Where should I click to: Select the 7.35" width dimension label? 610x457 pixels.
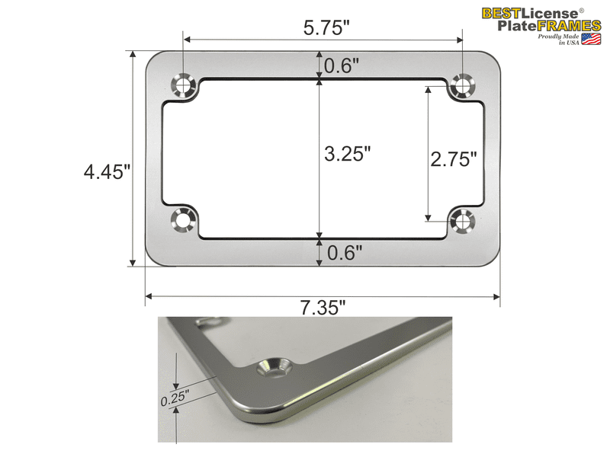pos(323,308)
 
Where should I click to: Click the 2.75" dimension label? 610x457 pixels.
pos(454,159)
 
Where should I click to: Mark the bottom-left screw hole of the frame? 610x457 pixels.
pos(182,220)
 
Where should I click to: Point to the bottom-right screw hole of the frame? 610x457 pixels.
pos(462,220)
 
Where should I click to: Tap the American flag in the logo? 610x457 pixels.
pos(592,39)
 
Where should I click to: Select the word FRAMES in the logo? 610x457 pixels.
pos(567,25)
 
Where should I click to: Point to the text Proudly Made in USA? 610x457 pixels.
pos(558,40)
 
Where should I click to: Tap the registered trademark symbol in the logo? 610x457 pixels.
pos(581,10)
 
